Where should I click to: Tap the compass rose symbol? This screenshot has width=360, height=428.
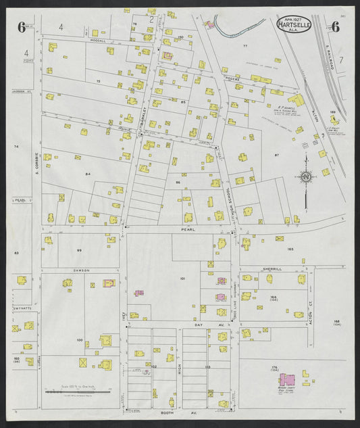[305, 178]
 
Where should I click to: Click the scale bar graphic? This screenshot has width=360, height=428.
[76, 391]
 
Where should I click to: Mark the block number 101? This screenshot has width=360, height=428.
[182, 279]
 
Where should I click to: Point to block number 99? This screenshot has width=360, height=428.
[79, 250]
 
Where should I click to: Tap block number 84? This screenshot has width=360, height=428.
[87, 174]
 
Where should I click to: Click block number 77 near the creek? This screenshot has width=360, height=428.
[245, 45]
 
